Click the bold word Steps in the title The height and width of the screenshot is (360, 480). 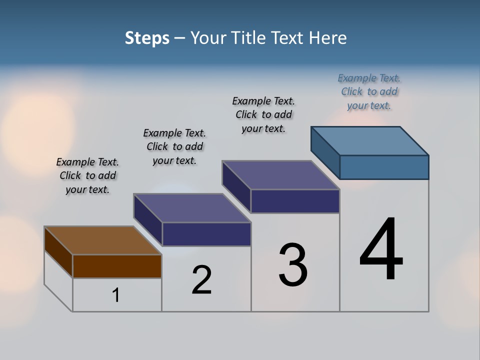pos(147,38)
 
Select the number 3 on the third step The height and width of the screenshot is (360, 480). pos(293,264)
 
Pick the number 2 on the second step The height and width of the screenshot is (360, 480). pos(201,280)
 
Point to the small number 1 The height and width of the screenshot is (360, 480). pos(116,295)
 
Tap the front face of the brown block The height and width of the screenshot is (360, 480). pos(117,266)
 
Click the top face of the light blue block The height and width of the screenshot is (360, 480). pos(370,140)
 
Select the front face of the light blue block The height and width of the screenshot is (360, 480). pos(384,167)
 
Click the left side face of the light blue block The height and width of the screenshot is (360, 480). pos(325,152)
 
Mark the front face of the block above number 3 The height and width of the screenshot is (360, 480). pos(295,201)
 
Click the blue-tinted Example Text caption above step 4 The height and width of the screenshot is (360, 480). pos(369,91)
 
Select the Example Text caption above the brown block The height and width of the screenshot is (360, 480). pos(87,175)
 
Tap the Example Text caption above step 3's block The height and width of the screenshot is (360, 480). pos(263,114)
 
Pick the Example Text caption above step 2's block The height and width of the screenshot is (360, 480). pos(174,146)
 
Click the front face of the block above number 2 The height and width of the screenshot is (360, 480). pos(206,234)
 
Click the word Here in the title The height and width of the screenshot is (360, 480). pos(328,38)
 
